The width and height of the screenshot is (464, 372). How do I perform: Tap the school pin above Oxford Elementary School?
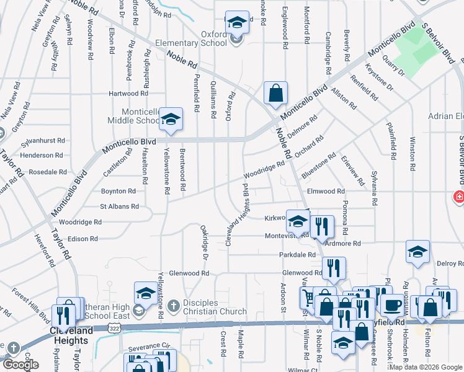click(236, 24)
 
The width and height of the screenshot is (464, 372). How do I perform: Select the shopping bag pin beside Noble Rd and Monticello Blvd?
click(275, 94)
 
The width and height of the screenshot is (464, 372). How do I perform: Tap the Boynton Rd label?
click(118, 191)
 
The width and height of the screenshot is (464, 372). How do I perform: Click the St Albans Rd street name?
click(120, 206)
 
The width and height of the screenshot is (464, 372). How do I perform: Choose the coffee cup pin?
click(392, 305)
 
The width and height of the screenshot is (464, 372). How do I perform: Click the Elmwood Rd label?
click(325, 192)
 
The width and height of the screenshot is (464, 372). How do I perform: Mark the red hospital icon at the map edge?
click(458, 197)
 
